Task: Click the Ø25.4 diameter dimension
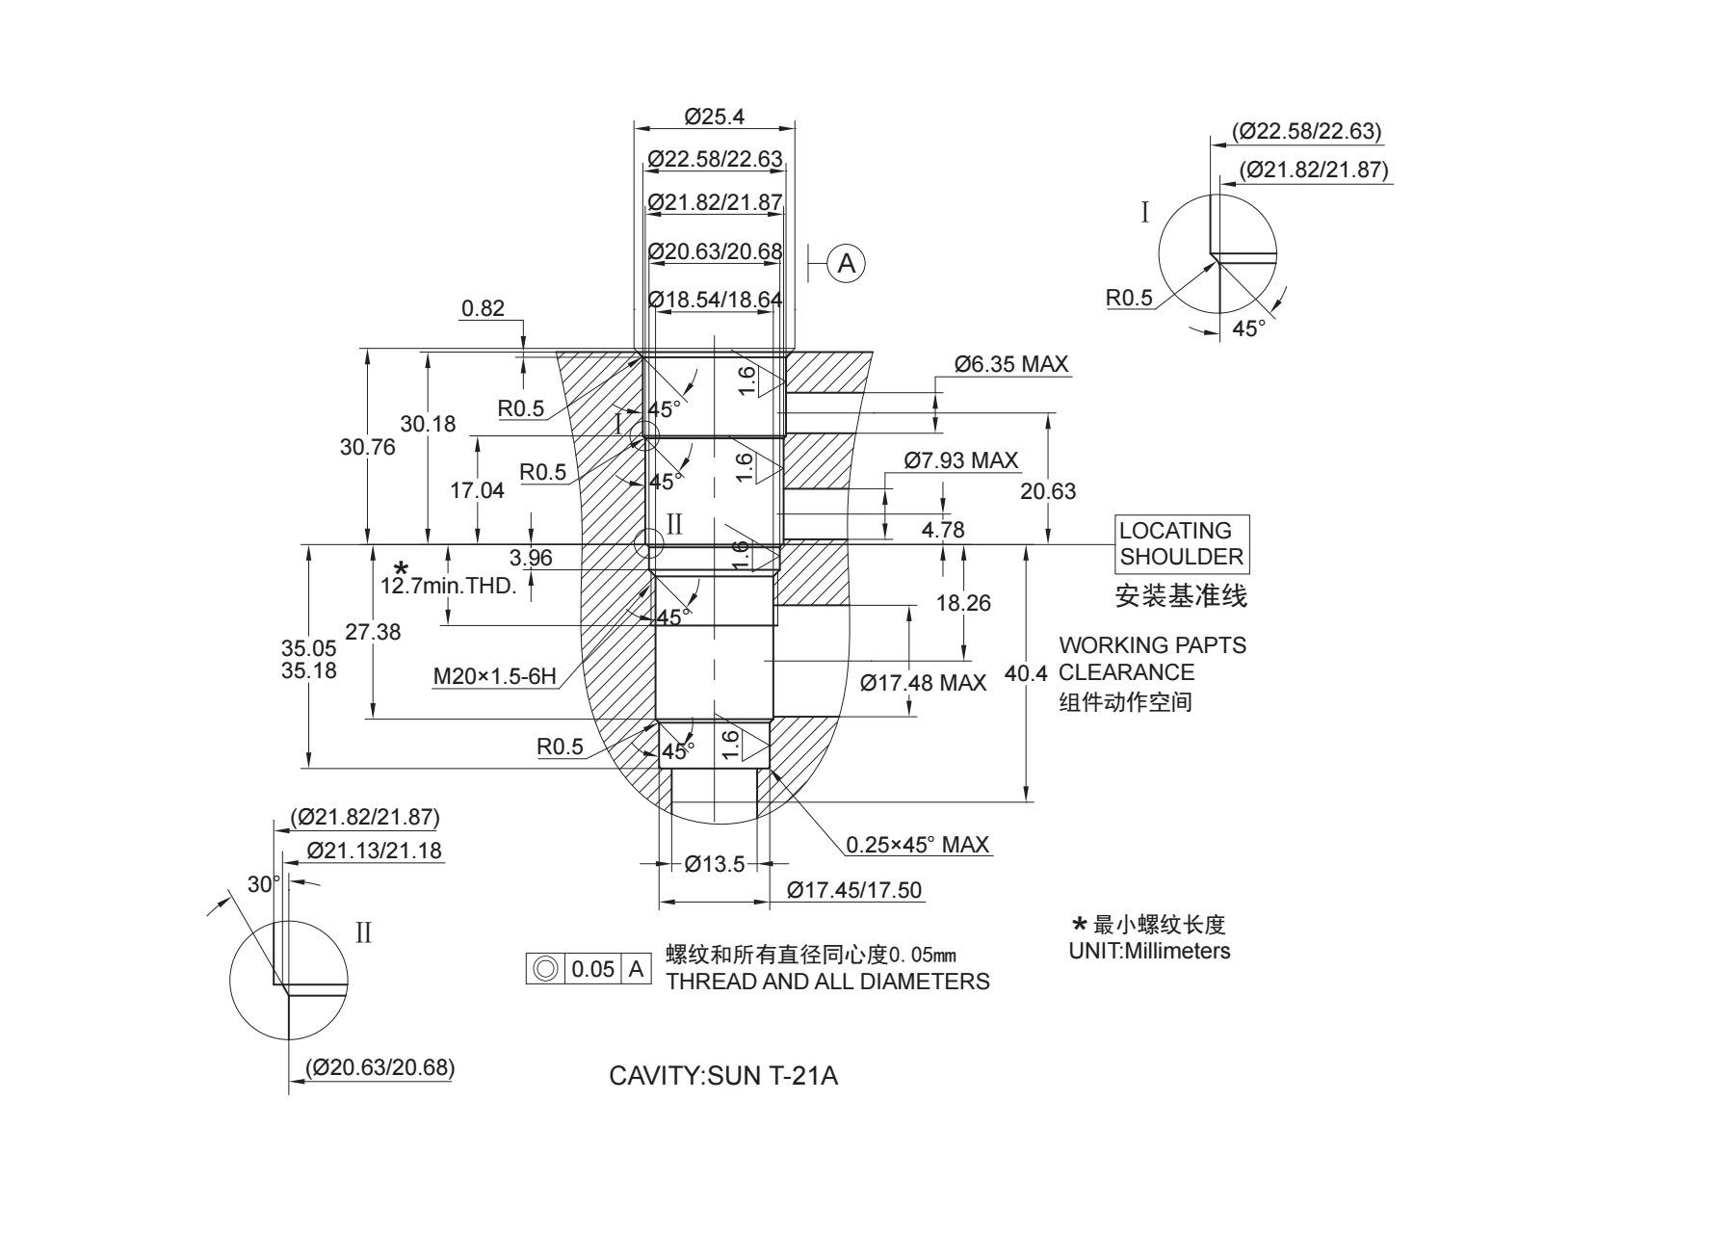coord(715,117)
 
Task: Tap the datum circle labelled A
coord(847,263)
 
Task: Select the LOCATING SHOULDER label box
coord(1182,544)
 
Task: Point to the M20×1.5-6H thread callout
coord(494,676)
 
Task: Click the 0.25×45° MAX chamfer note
coord(917,845)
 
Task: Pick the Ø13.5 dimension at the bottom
coord(714,864)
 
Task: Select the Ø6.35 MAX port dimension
coord(1011,364)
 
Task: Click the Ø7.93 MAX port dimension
coord(961,460)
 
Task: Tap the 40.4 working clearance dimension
coord(1026,673)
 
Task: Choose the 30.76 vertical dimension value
coord(367,447)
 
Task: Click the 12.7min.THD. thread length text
coord(449,586)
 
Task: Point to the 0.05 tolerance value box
coord(592,969)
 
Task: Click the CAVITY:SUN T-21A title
coord(723,1076)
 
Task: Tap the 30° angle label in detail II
coord(263,884)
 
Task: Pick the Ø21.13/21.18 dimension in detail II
coord(374,851)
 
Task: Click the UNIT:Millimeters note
coord(1149,951)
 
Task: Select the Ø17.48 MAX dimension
coord(923,683)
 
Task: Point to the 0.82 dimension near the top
coord(483,308)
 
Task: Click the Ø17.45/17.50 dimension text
coord(853,890)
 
